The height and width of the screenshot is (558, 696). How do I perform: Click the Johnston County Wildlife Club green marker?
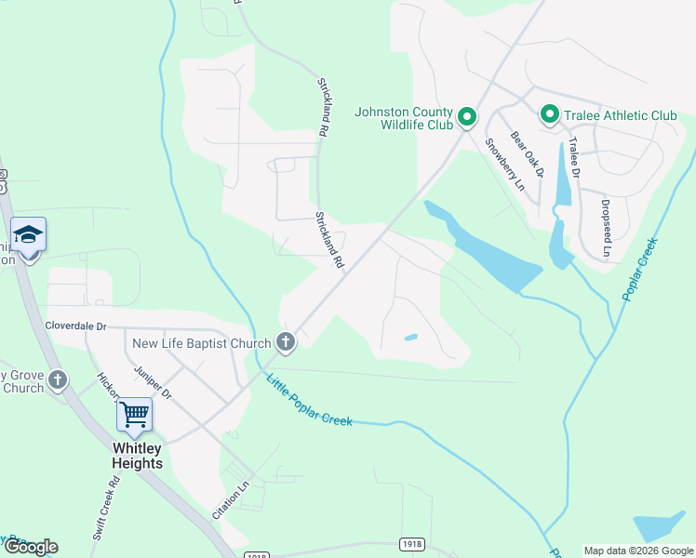point(466,117)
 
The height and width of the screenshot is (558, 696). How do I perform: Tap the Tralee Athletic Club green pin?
point(549,115)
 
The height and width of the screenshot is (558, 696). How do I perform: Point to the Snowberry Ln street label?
point(505,165)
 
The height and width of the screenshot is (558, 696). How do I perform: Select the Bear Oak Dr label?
point(527,153)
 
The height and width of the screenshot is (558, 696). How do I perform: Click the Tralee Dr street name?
point(574,158)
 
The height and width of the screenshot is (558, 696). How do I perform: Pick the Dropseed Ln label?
point(606,228)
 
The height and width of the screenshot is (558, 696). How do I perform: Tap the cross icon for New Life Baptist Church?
point(286,343)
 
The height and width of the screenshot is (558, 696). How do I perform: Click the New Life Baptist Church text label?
point(200,343)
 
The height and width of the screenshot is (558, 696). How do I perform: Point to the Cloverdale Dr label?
point(76,326)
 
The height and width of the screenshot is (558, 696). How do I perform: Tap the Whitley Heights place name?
point(137,456)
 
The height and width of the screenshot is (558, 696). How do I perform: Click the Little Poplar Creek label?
point(309,400)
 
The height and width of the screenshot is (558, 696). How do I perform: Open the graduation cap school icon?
point(28,234)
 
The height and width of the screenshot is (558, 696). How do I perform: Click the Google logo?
point(30,547)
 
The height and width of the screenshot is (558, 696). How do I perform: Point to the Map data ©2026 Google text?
point(637,551)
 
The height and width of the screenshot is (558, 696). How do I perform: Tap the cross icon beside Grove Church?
point(59,379)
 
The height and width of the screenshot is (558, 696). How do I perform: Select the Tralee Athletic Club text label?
point(619,115)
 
